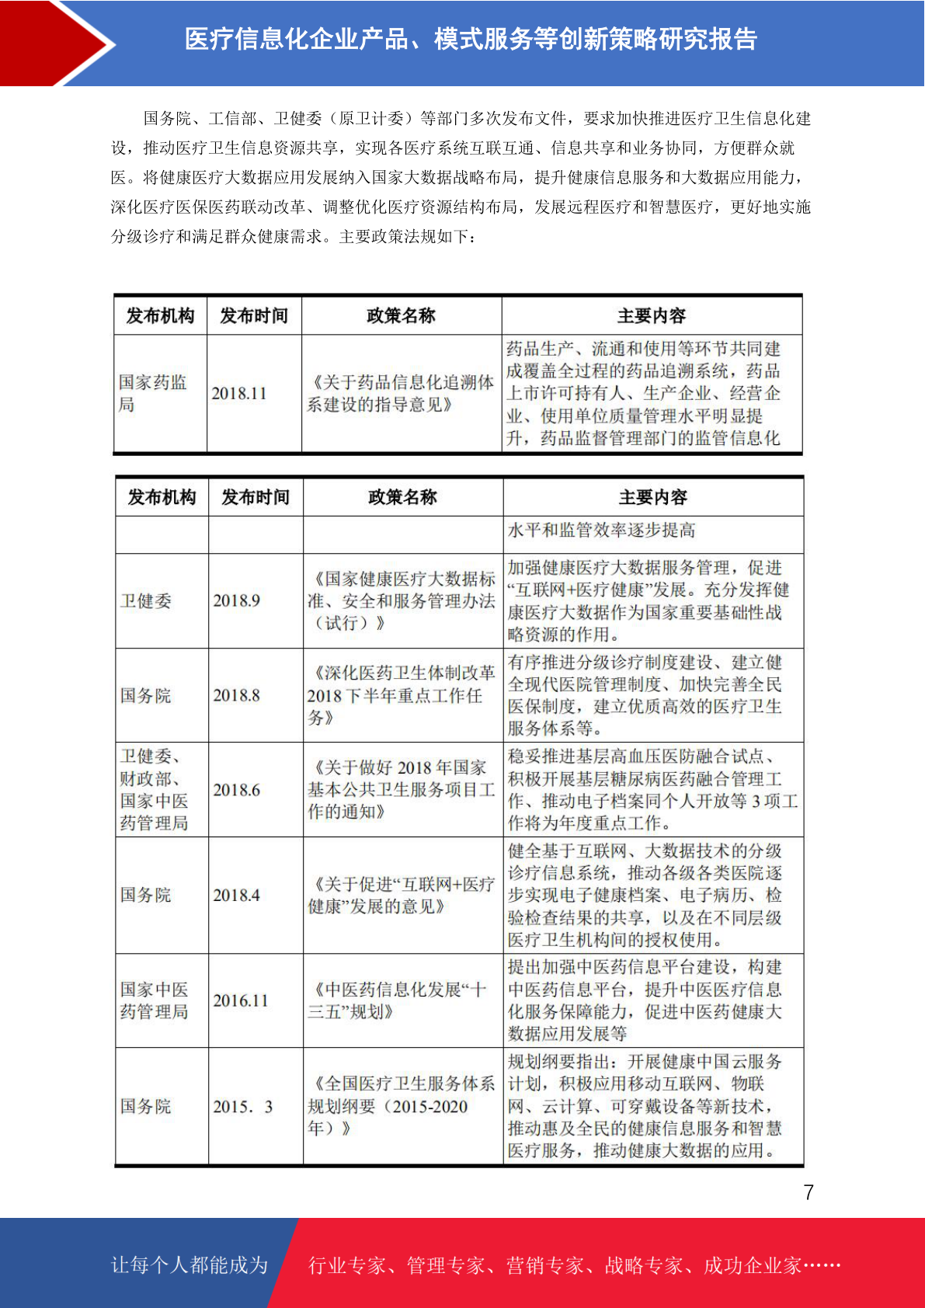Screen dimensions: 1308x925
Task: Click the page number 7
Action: coord(809,1192)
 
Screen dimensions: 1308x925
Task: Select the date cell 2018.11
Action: coord(239,394)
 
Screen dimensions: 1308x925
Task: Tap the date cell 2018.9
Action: coord(237,600)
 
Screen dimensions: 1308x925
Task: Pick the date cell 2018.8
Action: coord(237,695)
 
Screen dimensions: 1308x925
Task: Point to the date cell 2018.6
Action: coord(237,790)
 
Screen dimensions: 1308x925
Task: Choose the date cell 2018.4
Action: coord(237,896)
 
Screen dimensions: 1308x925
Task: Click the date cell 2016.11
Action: coord(241,1000)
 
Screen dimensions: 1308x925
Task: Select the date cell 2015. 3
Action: coord(243,1107)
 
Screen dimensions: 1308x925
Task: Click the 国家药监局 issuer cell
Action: coord(153,394)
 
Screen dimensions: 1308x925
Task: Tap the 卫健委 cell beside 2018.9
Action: coord(146,600)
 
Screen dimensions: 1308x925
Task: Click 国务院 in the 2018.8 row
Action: coord(146,695)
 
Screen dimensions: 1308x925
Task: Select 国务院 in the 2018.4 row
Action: coord(146,896)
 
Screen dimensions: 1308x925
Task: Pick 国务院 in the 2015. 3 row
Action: coord(146,1107)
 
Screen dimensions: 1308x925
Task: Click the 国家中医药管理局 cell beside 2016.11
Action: coord(154,1000)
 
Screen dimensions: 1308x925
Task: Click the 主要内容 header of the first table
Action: coord(652,316)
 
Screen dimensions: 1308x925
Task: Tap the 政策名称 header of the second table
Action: coord(402,497)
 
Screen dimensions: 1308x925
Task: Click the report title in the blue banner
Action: coord(471,40)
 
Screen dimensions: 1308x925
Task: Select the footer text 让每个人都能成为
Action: coord(190,1265)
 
